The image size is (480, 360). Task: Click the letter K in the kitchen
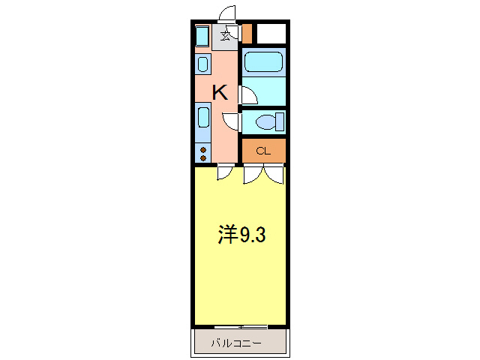coord(220,93)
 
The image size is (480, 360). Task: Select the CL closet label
coord(262,151)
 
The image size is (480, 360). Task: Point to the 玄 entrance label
coord(225,34)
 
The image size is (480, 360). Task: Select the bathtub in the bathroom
coord(263,61)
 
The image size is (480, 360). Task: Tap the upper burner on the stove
coord(203,150)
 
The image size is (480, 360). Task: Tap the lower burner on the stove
coord(203,158)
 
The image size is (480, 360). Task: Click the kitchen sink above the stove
coord(203,118)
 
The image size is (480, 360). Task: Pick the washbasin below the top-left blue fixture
coord(203,64)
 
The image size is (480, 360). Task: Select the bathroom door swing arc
coord(248,95)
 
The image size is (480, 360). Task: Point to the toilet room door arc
coord(232,122)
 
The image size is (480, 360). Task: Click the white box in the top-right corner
coord(271,34)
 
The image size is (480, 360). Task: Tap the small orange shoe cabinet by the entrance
coord(247,34)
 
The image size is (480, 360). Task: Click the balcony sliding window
coord(240,327)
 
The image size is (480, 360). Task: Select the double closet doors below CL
coord(263,174)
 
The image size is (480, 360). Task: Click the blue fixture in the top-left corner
coord(202,36)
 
